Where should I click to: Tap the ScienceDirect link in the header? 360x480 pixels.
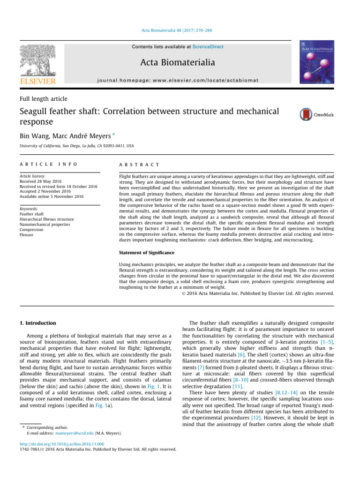click(207, 47)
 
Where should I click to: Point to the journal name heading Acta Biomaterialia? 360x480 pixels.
click(180, 63)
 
